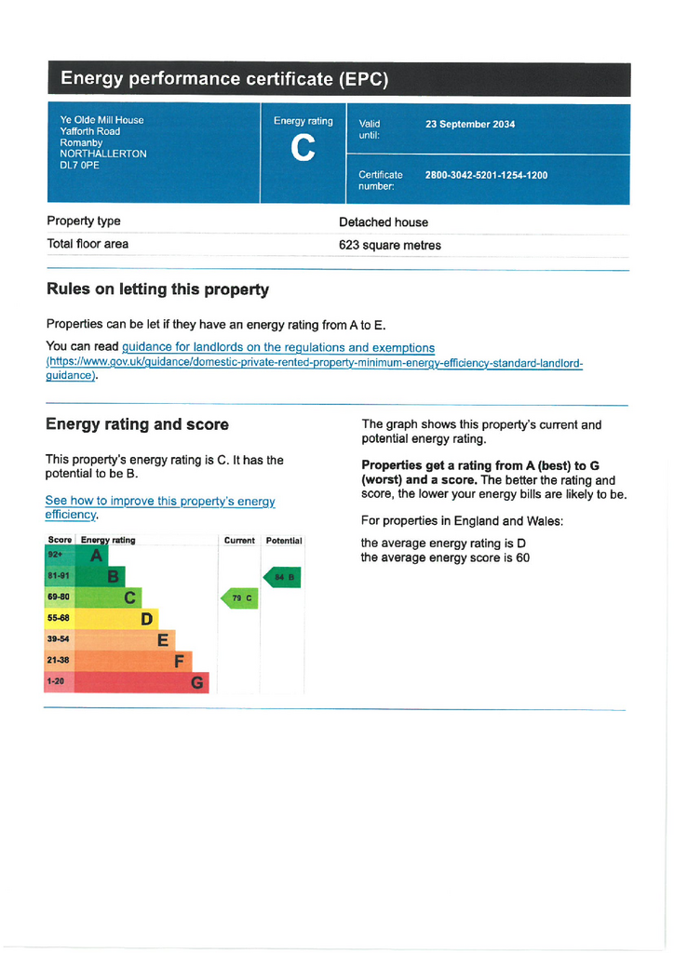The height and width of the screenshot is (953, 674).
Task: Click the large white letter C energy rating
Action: tap(303, 148)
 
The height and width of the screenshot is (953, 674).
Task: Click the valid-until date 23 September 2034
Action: tap(470, 124)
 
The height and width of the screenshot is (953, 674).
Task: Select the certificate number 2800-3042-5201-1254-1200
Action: tap(486, 175)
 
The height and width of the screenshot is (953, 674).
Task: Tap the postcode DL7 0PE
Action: tap(80, 166)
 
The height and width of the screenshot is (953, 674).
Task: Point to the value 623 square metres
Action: tap(389, 246)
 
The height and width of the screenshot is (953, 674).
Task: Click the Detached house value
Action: tap(384, 222)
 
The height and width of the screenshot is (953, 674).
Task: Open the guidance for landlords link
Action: tap(278, 348)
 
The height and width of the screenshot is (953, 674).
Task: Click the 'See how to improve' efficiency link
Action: tap(160, 507)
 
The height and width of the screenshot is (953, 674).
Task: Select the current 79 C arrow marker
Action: tap(239, 598)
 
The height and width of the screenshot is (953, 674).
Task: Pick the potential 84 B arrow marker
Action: tap(282, 577)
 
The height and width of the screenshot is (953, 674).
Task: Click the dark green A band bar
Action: tap(76, 555)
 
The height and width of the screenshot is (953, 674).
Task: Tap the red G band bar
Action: tap(127, 682)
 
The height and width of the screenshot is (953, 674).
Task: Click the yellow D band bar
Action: tap(101, 619)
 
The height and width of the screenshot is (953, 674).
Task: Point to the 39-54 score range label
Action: tap(59, 639)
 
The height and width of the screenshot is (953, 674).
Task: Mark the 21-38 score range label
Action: tap(59, 660)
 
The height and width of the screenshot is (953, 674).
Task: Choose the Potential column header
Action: tap(284, 541)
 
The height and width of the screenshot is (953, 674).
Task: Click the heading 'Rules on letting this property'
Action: tap(158, 289)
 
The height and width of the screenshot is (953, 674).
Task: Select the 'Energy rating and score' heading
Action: tap(138, 424)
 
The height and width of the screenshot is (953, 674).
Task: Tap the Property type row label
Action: tap(84, 221)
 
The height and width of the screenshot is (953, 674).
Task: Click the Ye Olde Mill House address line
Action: tap(102, 120)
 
